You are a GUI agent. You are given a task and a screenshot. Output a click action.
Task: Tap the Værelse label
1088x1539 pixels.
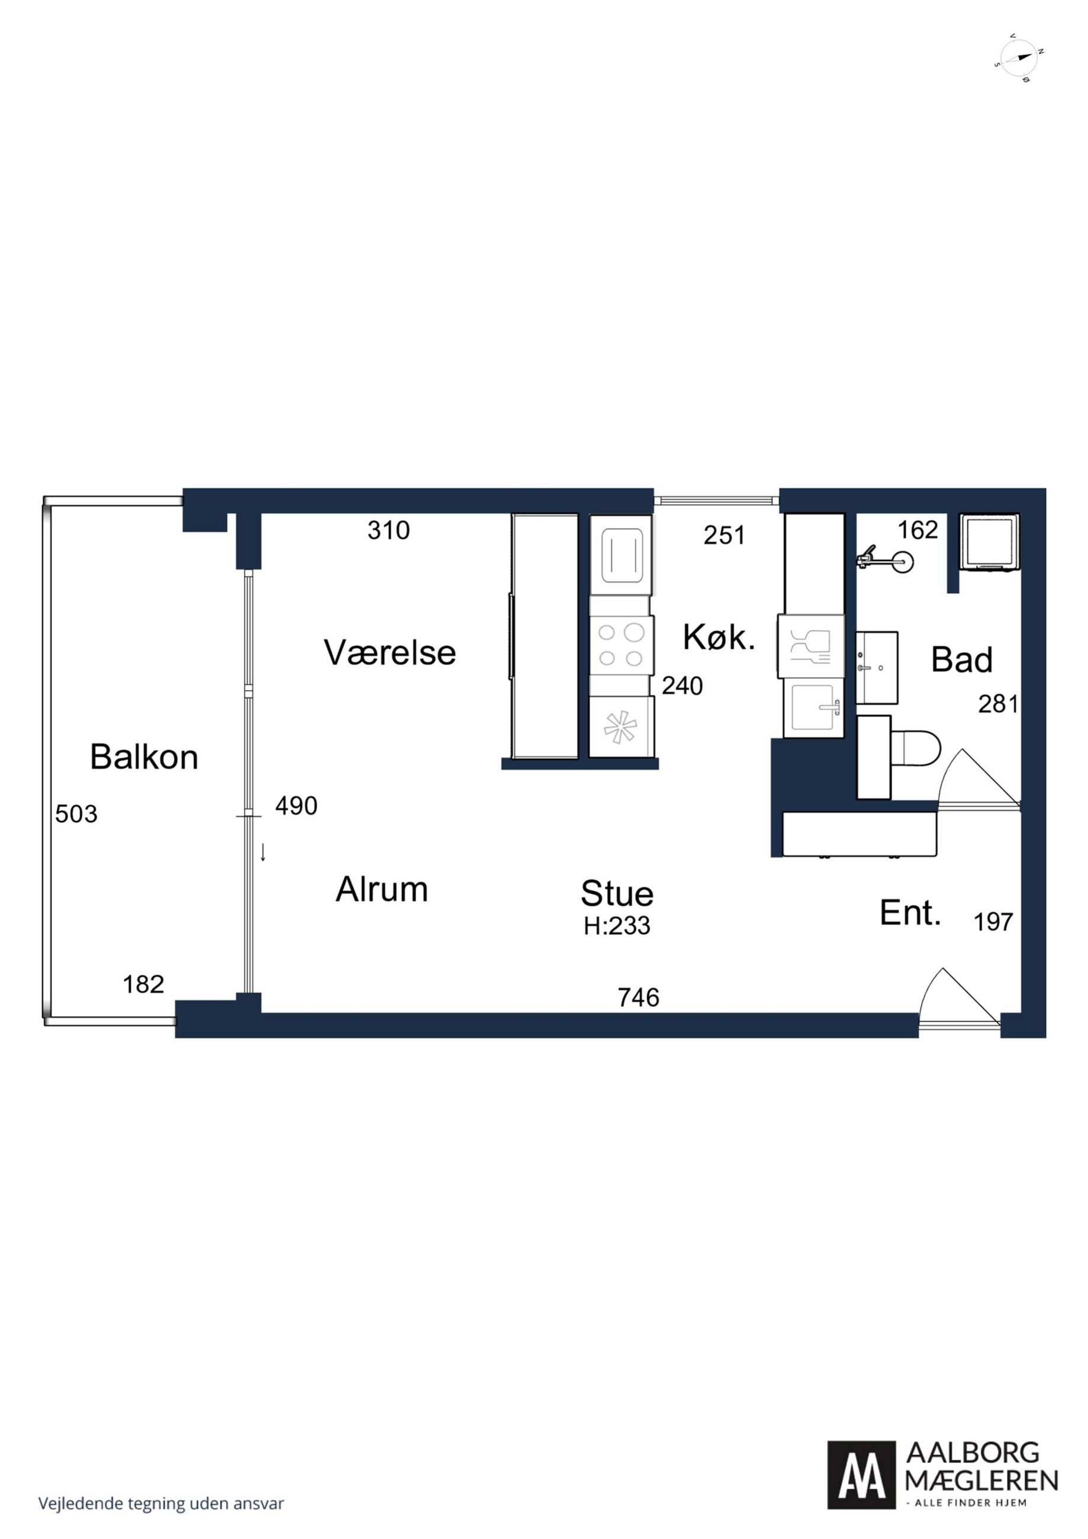pyautogui.click(x=390, y=652)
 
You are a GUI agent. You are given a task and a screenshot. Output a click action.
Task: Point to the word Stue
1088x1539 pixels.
pyautogui.click(x=617, y=893)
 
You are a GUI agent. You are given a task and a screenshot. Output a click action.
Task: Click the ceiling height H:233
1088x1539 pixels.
pyautogui.click(x=617, y=926)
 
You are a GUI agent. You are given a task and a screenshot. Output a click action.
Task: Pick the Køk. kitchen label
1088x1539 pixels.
pyautogui.click(x=719, y=637)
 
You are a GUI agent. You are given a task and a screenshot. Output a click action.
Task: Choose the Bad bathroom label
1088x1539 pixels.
pyautogui.click(x=961, y=660)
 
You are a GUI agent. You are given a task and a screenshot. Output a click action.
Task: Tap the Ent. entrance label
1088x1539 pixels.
pyautogui.click(x=910, y=913)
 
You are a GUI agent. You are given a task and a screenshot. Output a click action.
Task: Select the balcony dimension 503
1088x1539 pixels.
pyautogui.click(x=76, y=814)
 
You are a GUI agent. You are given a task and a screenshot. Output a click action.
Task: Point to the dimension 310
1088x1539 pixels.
pyautogui.click(x=389, y=531)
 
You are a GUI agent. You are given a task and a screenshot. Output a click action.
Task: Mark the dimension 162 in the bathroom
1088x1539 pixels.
pyautogui.click(x=918, y=530)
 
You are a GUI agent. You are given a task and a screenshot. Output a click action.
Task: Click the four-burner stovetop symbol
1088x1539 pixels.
pyautogui.click(x=621, y=645)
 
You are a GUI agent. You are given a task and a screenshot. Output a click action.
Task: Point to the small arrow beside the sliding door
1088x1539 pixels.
pyautogui.click(x=263, y=852)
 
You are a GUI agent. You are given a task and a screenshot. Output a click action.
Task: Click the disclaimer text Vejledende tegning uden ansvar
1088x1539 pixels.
pyautogui.click(x=161, y=1503)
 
